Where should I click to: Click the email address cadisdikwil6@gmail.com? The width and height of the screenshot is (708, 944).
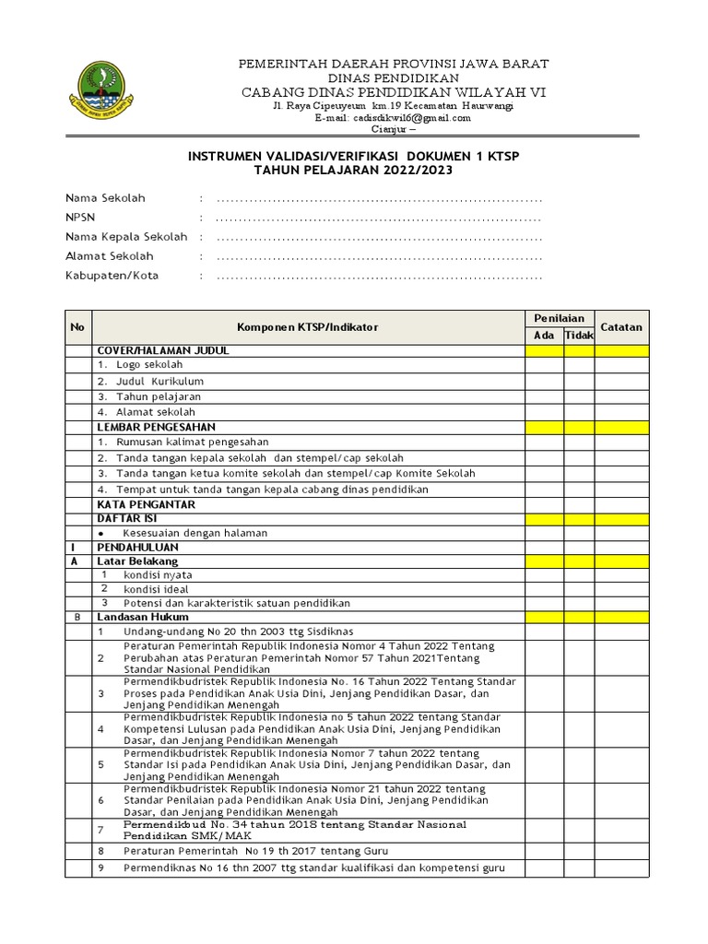393,118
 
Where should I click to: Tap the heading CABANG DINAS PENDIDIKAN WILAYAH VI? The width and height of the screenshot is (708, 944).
394,92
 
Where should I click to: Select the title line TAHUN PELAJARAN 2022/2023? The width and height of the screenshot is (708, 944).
355,171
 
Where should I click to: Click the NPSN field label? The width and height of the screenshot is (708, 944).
79,218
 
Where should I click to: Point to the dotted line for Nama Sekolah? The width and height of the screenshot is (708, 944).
378,198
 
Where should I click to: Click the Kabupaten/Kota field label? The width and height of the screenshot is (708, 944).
112,276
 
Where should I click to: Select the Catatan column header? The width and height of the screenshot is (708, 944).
622,327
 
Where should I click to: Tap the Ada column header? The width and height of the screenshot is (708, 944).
545,335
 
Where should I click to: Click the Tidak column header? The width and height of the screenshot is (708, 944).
579,335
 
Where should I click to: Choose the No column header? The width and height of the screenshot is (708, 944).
77,327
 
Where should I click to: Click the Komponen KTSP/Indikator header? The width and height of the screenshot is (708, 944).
307,327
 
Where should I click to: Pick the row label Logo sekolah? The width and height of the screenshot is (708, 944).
149,365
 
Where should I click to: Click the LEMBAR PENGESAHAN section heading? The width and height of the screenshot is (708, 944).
156,428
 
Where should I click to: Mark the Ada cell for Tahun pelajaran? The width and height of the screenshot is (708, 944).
545,396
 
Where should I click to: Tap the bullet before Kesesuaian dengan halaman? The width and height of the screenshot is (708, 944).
100,533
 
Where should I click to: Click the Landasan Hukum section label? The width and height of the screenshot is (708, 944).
143,617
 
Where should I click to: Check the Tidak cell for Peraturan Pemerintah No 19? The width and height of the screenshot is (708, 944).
579,850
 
